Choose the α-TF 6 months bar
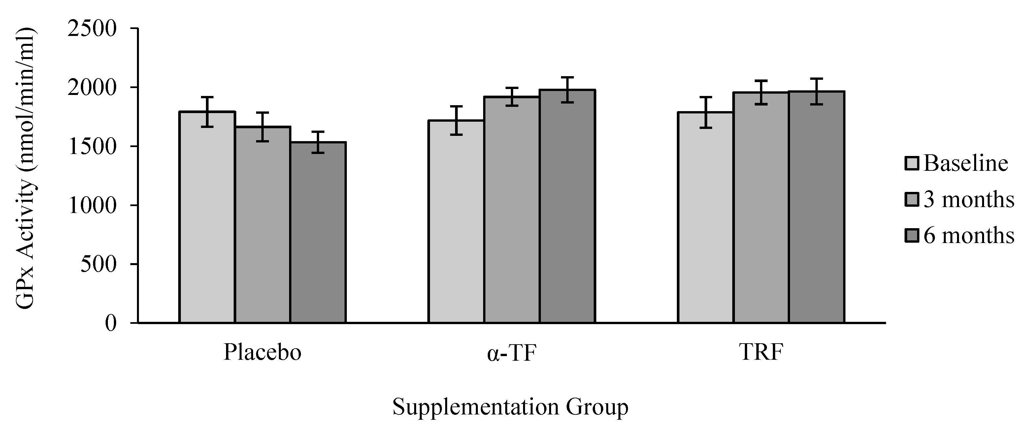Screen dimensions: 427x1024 click(x=567, y=206)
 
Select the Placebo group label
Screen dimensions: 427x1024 click(x=262, y=352)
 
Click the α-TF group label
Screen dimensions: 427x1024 click(x=512, y=353)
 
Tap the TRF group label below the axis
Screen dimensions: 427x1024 click(x=761, y=352)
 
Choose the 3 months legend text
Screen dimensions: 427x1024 click(x=968, y=199)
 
